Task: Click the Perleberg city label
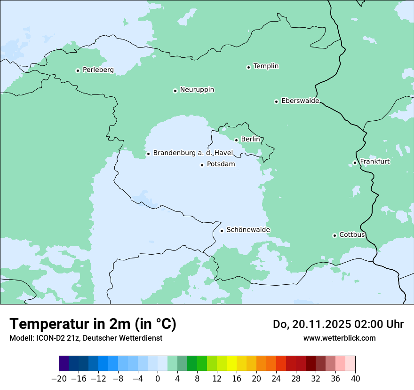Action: click(98, 70)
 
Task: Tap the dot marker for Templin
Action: click(248, 67)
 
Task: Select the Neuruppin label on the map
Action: click(197, 90)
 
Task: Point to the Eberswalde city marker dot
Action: click(276, 101)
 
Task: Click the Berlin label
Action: click(250, 140)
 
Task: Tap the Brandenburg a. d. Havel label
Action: click(193, 153)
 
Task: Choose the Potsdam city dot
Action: click(202, 165)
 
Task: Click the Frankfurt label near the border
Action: click(374, 162)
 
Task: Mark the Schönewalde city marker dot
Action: click(222, 231)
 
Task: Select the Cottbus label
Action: click(352, 234)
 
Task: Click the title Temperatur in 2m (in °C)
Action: click(93, 324)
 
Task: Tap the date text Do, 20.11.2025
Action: click(310, 324)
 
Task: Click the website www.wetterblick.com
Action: click(339, 338)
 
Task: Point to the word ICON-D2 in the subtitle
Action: click(48, 338)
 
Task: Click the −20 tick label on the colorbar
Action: click(59, 379)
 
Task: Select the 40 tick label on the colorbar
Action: click(355, 379)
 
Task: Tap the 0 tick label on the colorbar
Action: click(158, 379)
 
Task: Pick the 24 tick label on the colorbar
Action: click(276, 379)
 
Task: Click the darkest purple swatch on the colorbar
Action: click(64, 364)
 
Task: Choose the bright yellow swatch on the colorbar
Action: click(231, 364)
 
